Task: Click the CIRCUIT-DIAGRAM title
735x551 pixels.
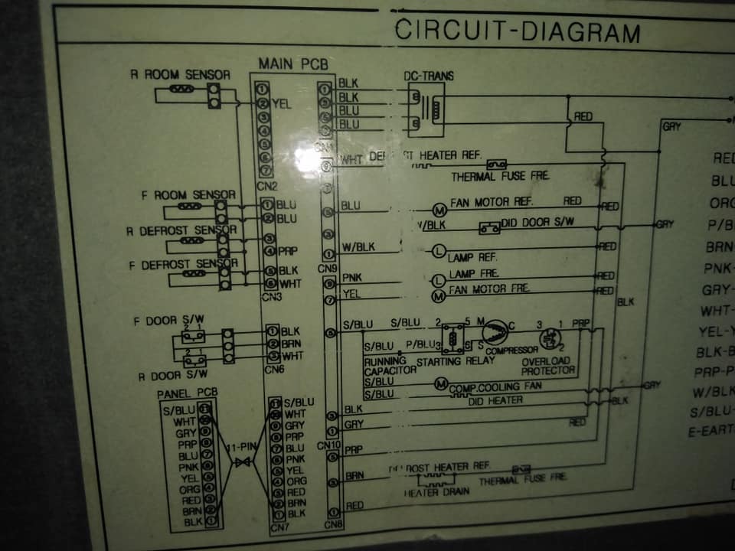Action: (517, 31)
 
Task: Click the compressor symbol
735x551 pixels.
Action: (492, 332)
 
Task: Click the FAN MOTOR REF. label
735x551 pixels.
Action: (491, 203)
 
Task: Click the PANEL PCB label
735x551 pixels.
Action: (187, 393)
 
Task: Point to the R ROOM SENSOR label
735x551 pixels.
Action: (180, 75)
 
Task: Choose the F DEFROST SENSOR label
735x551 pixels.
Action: (184, 264)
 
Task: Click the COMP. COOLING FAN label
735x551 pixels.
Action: (495, 386)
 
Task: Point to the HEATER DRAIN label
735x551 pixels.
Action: (433, 493)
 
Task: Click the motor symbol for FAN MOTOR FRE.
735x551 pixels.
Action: (439, 295)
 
